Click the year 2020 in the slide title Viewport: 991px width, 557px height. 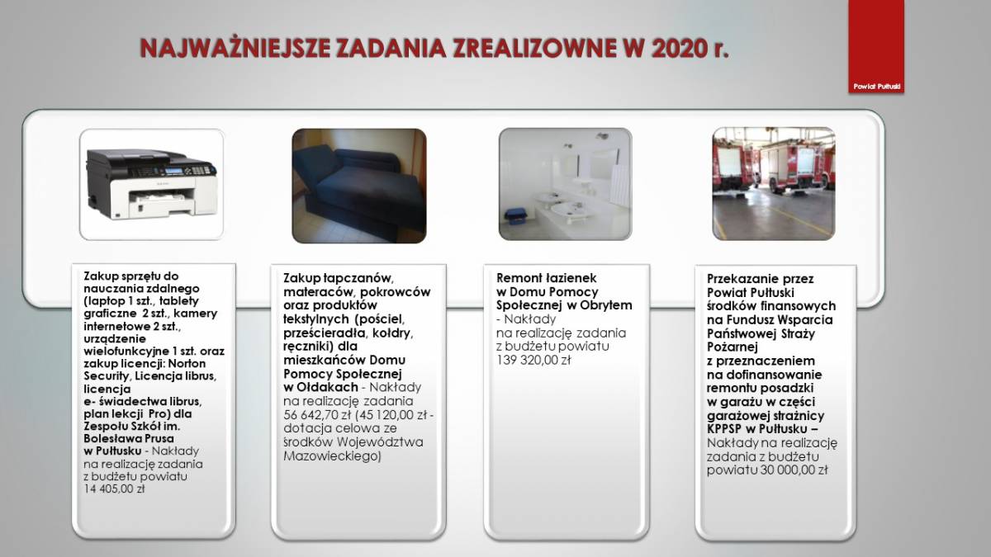point(678,48)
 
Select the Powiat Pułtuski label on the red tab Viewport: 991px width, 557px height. point(876,87)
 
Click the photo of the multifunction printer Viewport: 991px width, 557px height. point(152,184)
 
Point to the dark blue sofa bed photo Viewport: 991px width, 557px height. point(359,186)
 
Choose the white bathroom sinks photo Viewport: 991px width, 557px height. point(566,184)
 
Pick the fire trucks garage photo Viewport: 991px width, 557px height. point(774,184)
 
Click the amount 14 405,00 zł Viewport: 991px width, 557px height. point(114,489)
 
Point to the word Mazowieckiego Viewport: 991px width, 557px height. point(332,456)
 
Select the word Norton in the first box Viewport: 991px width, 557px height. point(187,364)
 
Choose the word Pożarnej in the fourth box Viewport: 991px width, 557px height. point(733,347)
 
